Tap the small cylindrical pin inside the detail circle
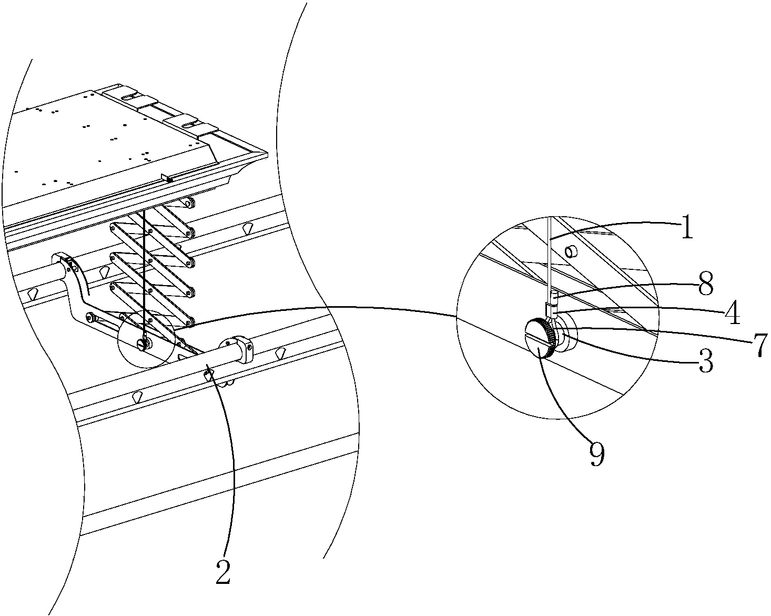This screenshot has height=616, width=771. (571, 253)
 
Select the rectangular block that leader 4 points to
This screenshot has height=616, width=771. (551, 309)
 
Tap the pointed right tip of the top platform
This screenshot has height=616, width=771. (267, 154)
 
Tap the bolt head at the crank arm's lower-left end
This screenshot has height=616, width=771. (90, 317)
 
